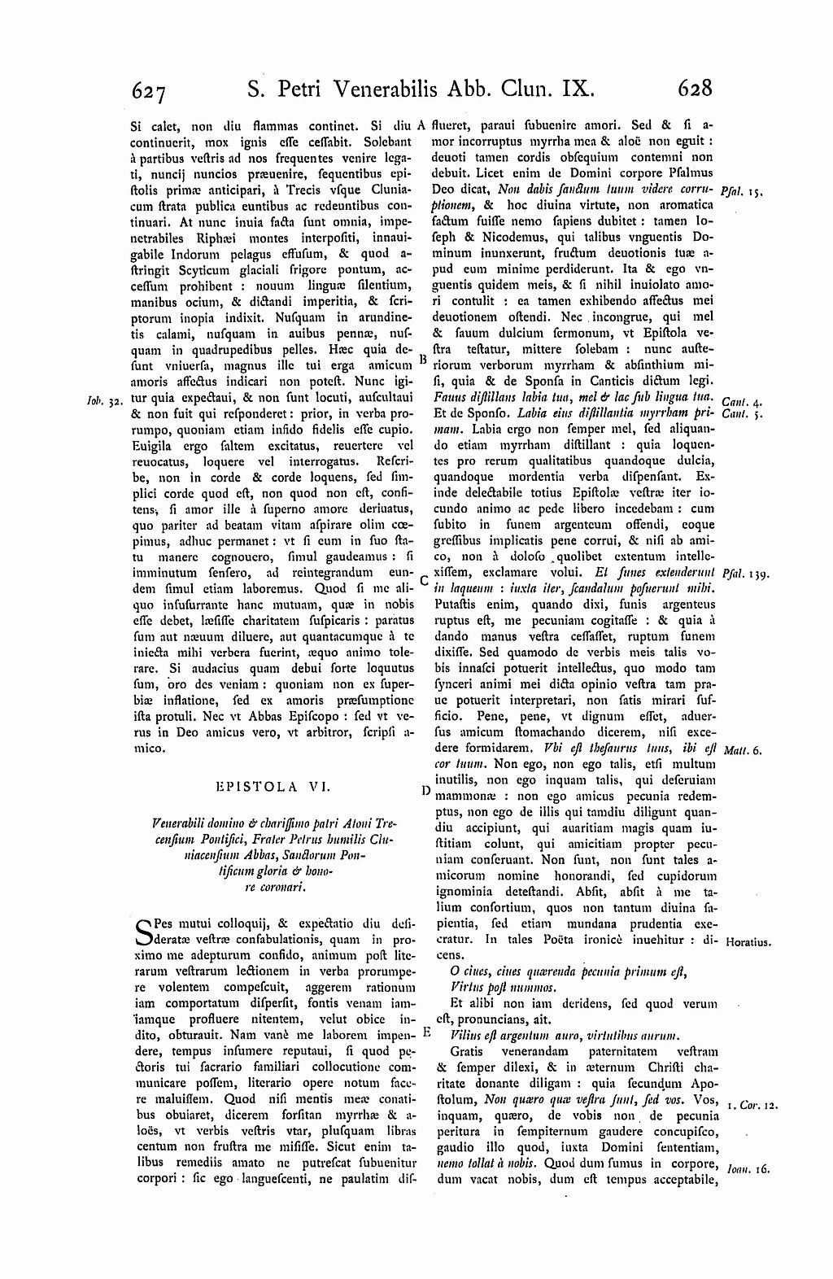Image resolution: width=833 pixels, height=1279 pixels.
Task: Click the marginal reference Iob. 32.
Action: click(102, 401)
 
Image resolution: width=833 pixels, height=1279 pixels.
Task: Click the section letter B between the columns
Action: click(423, 358)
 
